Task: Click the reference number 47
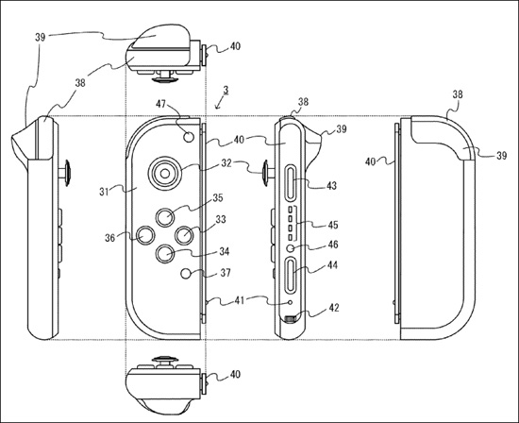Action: [x=160, y=104]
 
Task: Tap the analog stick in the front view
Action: [x=165, y=173]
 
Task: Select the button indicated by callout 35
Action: [x=165, y=217]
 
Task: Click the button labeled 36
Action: [x=145, y=235]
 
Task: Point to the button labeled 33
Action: [x=184, y=235]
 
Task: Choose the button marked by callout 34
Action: [x=165, y=254]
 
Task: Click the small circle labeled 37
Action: [x=186, y=274]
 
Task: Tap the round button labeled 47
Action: [x=189, y=137]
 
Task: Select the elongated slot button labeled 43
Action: [x=291, y=182]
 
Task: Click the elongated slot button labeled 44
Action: [x=291, y=276]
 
